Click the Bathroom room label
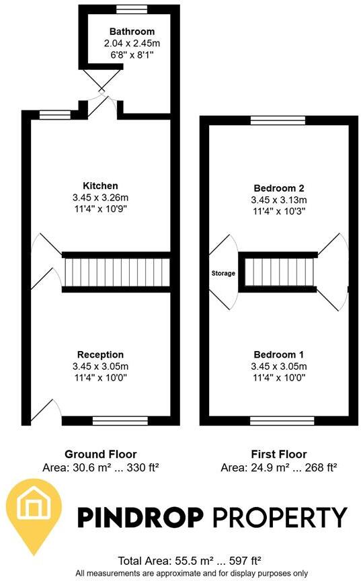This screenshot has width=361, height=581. [132, 32]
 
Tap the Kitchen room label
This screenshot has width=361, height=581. [100, 186]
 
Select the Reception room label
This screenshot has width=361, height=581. [100, 354]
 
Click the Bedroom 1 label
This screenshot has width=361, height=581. [278, 354]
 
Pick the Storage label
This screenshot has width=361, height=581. [224, 274]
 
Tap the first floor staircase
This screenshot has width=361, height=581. [278, 272]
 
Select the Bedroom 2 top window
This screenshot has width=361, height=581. [278, 121]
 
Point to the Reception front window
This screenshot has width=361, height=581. [120, 421]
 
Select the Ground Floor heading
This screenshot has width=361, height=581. [100, 454]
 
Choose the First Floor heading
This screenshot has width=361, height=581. [278, 454]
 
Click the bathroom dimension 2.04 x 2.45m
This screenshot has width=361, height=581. [132, 43]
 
